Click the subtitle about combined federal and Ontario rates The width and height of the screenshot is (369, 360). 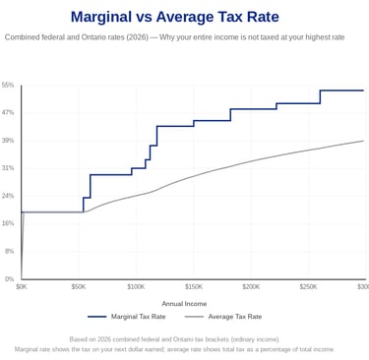[174, 37]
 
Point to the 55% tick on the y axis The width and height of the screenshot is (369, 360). [8, 86]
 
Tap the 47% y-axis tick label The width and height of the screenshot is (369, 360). [8, 113]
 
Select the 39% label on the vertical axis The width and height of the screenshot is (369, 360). [8, 141]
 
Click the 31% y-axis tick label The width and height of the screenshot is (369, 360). [8, 168]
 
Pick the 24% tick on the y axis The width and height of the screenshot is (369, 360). [8, 196]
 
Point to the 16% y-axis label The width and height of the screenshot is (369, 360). [8, 223]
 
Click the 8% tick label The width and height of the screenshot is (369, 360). [10, 251]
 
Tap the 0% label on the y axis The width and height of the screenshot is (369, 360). [10, 278]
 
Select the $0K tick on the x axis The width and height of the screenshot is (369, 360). [22, 287]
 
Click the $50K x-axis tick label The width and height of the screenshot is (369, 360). [79, 287]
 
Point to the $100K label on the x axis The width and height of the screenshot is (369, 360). [136, 287]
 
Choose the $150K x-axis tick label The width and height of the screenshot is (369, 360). [194, 287]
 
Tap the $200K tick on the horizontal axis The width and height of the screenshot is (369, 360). [251, 287]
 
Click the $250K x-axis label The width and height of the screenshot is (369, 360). [308, 287]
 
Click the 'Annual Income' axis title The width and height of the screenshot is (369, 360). [184, 304]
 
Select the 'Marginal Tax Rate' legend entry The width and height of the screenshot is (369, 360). [127, 317]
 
